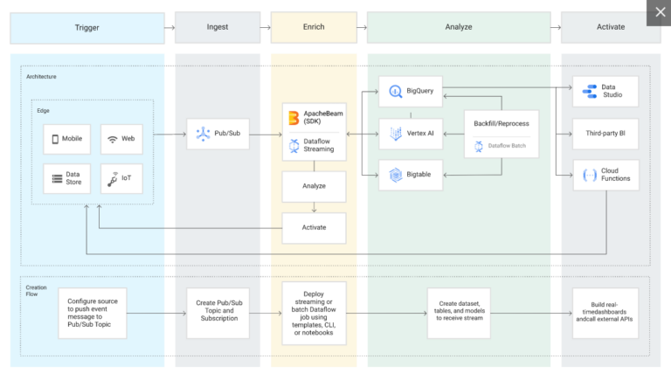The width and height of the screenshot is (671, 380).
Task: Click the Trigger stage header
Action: [x=86, y=27]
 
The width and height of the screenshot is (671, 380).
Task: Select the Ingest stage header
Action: [x=218, y=27]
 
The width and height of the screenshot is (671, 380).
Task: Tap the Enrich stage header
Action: [x=313, y=27]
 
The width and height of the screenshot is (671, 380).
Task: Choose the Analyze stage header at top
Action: [x=459, y=27]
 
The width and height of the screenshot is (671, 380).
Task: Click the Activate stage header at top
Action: [x=610, y=27]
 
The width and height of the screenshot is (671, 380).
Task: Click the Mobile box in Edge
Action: [x=67, y=139]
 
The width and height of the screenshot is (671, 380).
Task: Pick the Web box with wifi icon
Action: [x=122, y=139]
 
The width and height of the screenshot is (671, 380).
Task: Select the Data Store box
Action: [x=67, y=179]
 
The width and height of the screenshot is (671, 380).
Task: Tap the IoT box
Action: [x=122, y=179]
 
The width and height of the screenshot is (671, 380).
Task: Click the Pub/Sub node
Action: [x=218, y=134]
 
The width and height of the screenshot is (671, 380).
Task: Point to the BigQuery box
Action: [x=411, y=91]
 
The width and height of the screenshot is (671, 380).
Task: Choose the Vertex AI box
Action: [x=411, y=133]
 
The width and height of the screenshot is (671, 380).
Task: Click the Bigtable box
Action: [x=411, y=175]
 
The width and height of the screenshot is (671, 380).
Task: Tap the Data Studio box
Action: [x=605, y=92]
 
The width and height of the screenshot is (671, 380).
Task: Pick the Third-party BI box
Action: [x=605, y=134]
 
